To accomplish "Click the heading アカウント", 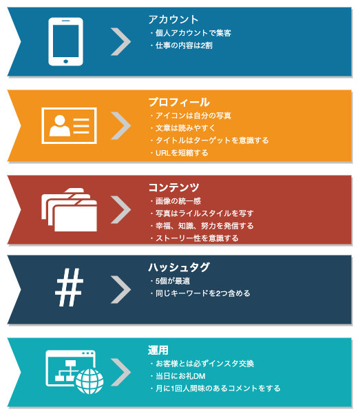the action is [x=173, y=20].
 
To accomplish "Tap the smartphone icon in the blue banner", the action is [x=66, y=41].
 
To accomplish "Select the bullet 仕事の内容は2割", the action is [x=182, y=45].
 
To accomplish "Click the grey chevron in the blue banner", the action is [x=121, y=41].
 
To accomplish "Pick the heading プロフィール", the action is [x=179, y=103].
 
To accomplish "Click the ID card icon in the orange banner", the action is [x=70, y=126].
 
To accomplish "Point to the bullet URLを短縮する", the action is [x=180, y=153].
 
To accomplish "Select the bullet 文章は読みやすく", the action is [x=183, y=128].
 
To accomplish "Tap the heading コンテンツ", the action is [x=173, y=187].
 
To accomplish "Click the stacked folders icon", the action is [x=70, y=210].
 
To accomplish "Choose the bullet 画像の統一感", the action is [x=176, y=201].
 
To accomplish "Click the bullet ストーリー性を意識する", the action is [x=195, y=238].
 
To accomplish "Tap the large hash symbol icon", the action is [x=70, y=287].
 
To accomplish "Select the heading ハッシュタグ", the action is [x=179, y=267].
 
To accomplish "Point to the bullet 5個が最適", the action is [x=170, y=281].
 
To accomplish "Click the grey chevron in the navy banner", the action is [x=121, y=289].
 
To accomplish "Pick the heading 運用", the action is [x=158, y=350].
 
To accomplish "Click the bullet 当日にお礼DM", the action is [x=178, y=376].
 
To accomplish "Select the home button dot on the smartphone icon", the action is [x=66, y=61].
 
